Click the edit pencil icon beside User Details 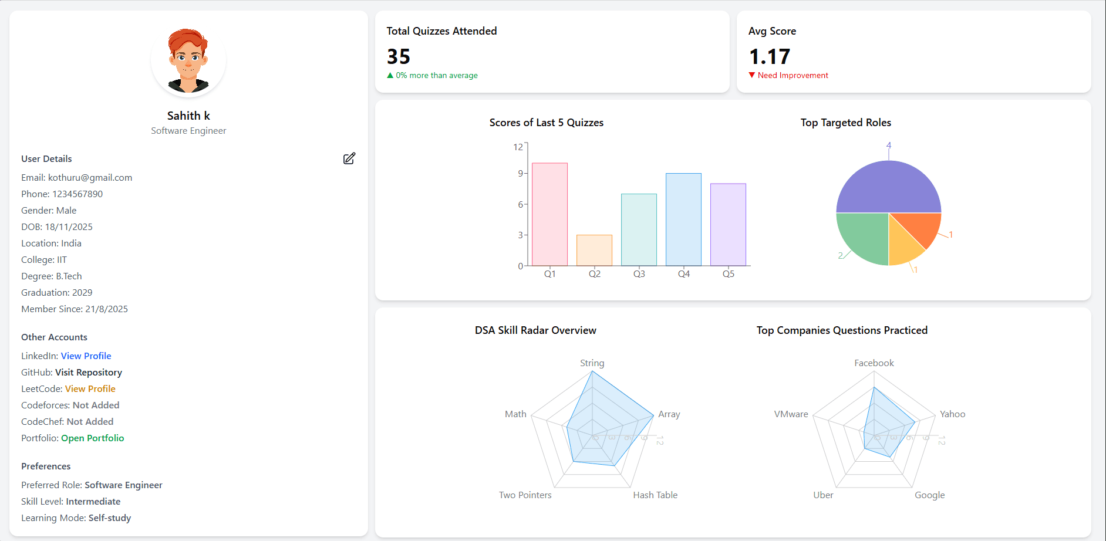click(349, 158)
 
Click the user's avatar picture click(188, 60)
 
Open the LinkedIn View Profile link click(86, 356)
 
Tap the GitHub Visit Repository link click(88, 372)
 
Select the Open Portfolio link click(92, 438)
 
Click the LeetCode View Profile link click(90, 388)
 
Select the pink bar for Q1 click(549, 214)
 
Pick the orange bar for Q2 click(594, 251)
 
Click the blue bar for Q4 click(683, 219)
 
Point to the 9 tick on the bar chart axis click(520, 173)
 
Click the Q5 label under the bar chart click(728, 274)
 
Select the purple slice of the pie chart click(888, 188)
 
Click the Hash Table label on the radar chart click(655, 495)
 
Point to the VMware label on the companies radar click(791, 414)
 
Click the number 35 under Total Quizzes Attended click(399, 56)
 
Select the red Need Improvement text click(793, 75)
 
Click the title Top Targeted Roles click(845, 123)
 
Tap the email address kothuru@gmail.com click(90, 177)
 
